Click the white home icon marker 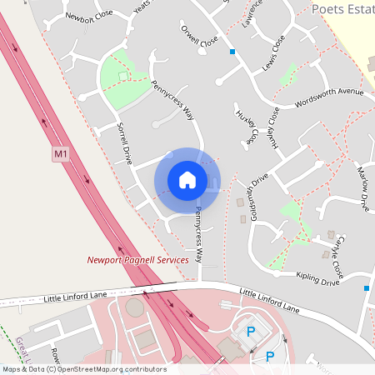click(x=187, y=179)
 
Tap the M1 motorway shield click(x=60, y=154)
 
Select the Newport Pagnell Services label click(x=138, y=260)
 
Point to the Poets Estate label click(x=342, y=8)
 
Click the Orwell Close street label click(x=199, y=37)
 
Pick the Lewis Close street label click(x=272, y=52)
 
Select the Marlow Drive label click(x=362, y=187)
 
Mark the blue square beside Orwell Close click(x=232, y=52)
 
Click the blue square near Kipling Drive click(x=366, y=287)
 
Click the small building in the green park click(x=124, y=76)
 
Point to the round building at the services click(x=134, y=307)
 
